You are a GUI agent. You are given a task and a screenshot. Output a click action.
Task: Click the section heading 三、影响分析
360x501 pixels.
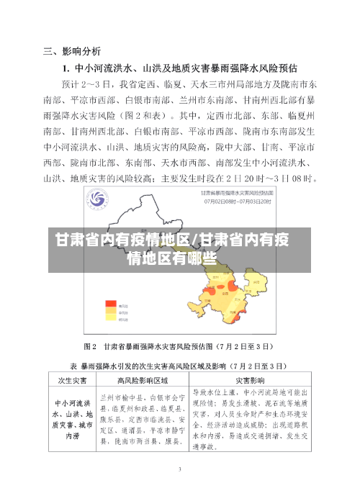click(72, 51)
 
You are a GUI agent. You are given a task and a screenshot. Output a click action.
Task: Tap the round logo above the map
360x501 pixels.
click(99, 198)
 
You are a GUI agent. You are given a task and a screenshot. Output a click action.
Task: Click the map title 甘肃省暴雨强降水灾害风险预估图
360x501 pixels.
click(232, 194)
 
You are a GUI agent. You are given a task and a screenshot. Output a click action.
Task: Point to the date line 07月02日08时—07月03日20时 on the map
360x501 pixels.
click(232, 202)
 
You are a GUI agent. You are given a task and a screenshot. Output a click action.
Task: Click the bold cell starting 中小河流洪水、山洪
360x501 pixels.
click(72, 415)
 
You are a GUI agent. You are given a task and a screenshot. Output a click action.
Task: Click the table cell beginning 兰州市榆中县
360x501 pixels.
click(142, 417)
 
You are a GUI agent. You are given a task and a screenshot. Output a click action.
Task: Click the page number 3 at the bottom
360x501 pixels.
click(180, 469)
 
